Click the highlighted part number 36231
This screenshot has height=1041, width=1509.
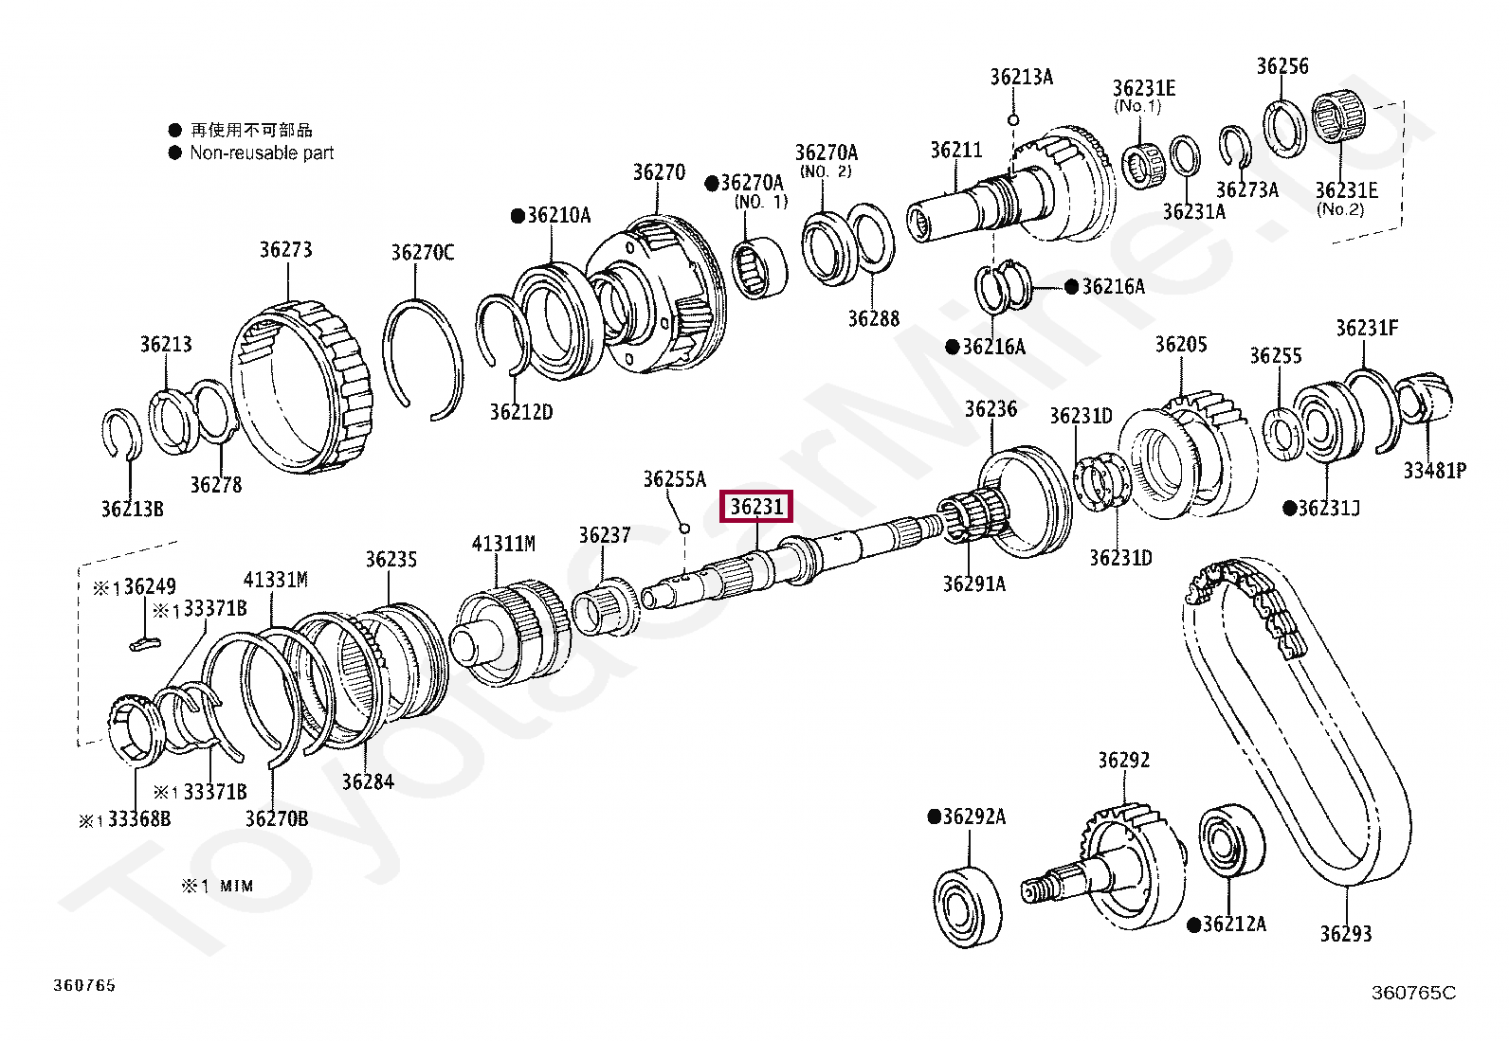[756, 507]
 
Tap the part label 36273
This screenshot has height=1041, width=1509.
[285, 250]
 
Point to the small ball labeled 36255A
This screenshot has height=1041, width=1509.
[684, 528]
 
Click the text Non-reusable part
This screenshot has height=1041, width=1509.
[262, 153]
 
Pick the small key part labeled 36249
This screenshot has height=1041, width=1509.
[144, 644]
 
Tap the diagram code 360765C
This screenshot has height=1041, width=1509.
[1412, 993]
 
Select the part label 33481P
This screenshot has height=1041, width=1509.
[1434, 470]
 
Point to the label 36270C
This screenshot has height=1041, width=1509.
[423, 253]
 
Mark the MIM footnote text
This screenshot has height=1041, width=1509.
[236, 887]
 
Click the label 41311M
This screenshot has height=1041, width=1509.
[503, 544]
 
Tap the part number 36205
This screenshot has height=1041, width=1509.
[1180, 345]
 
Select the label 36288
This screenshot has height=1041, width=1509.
[873, 319]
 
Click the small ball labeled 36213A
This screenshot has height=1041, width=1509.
[1013, 120]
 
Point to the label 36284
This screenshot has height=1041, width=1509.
[368, 782]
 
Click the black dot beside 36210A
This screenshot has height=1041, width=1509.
[518, 216]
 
